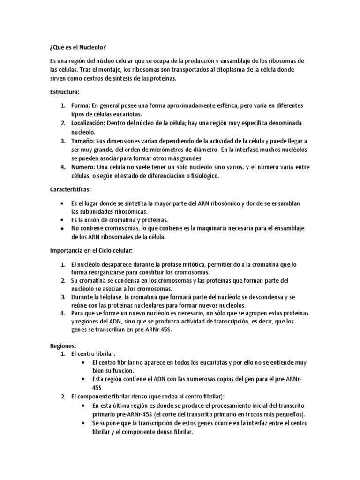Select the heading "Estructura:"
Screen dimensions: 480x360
[65, 91]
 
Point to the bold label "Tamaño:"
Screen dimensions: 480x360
[82, 141]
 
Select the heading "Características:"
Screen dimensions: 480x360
[71, 189]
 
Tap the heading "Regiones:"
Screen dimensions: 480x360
[63, 345]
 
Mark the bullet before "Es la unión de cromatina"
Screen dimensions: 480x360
[63, 220]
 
